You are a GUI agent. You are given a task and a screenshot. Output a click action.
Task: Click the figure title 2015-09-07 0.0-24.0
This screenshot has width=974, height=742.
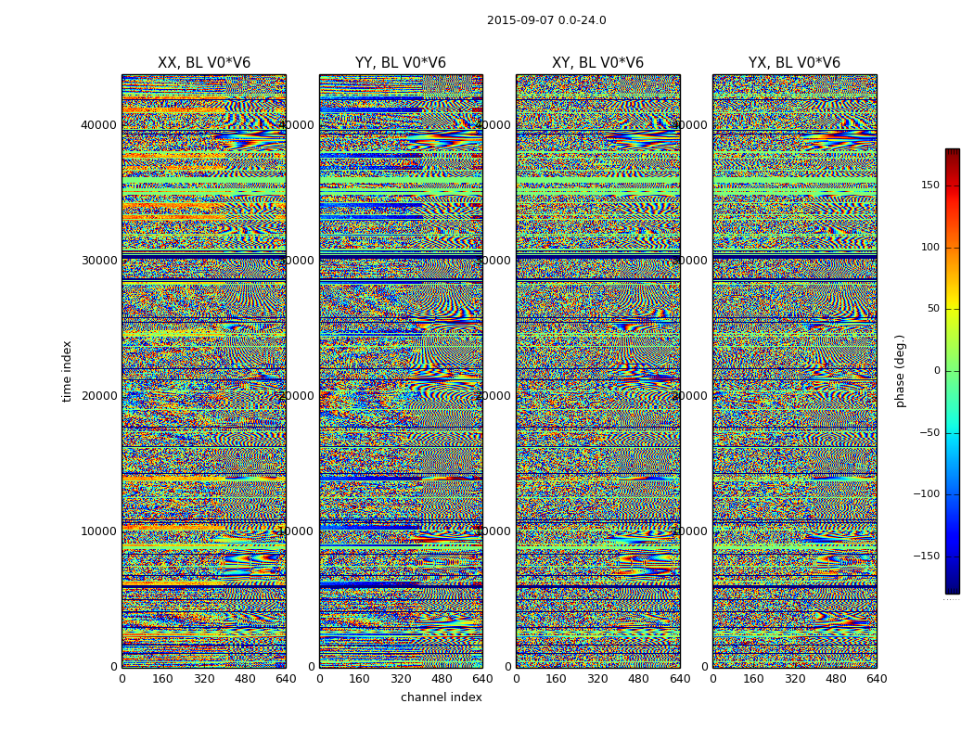tap(546, 20)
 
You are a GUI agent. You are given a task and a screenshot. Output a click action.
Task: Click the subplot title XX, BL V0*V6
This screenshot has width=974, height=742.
tap(204, 63)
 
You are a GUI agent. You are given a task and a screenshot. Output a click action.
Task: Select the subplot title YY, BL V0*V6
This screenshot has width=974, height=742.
tap(401, 63)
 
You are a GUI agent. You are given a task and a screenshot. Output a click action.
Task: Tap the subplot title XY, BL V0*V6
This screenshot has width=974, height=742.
tap(597, 63)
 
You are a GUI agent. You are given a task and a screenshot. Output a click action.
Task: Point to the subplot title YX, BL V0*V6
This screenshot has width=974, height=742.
tap(794, 63)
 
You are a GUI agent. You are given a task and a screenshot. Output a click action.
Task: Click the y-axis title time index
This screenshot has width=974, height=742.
tap(67, 371)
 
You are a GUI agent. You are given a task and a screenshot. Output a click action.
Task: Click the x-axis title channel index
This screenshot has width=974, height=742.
tap(442, 697)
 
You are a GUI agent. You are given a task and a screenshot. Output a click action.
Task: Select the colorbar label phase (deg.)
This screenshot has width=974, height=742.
tap(900, 371)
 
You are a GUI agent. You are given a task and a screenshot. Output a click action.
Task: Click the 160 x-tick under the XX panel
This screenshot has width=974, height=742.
tap(162, 679)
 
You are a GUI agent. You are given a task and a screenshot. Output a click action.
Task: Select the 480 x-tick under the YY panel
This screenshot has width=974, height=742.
tap(442, 679)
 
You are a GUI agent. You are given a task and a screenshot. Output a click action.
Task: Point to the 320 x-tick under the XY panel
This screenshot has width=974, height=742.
tap(597, 679)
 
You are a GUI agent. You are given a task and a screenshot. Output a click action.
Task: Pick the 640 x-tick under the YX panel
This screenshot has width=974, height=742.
tap(877, 679)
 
